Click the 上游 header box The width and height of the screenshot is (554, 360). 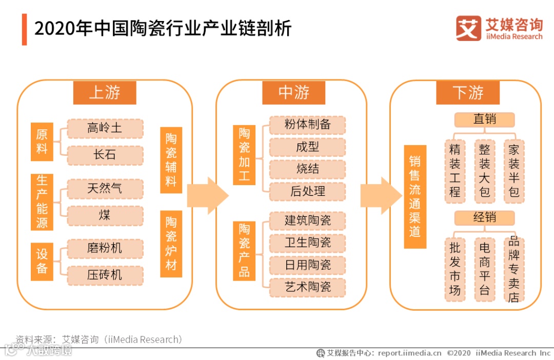105,93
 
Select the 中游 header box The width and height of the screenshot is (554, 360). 293,93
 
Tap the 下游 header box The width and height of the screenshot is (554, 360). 468,93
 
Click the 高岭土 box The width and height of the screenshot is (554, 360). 105,128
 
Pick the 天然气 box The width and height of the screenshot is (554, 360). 105,189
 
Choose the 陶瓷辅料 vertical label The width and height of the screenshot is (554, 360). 171,160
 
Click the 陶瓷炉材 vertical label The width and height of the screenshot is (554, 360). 171,244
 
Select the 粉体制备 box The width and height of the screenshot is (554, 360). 307,125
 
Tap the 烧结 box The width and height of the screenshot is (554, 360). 307,169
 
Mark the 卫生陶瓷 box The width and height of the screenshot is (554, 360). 307,243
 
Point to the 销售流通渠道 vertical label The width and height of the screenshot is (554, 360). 415,197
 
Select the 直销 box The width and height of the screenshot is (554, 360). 484,119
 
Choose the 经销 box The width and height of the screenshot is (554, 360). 484,217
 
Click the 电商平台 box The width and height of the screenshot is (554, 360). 484,269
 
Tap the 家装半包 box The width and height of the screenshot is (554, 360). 514,171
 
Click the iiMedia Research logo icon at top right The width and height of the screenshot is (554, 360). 468,28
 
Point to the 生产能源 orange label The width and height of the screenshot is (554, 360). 42,202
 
